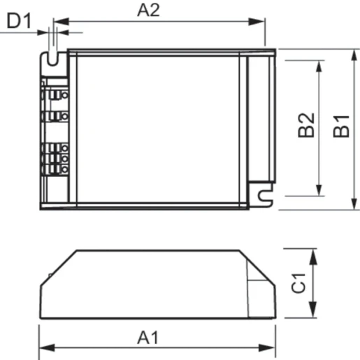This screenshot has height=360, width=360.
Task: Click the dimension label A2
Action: (x=148, y=10)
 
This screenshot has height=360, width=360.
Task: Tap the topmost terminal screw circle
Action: (x=64, y=94)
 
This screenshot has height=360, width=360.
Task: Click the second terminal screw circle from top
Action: (x=64, y=116)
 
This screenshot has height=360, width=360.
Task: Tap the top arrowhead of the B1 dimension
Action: (x=352, y=54)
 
